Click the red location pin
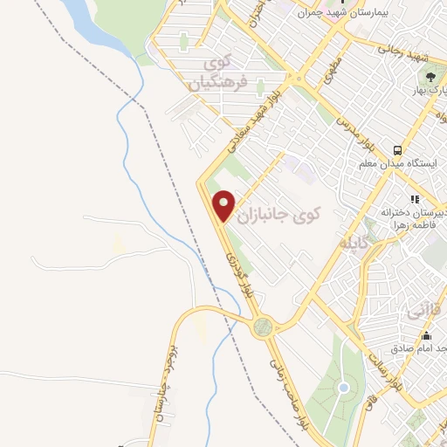pyautogui.click(x=224, y=205)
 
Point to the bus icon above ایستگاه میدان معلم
pyautogui.click(x=396, y=148)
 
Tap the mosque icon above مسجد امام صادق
pyautogui.click(x=426, y=335)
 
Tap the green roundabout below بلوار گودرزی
pyautogui.click(x=262, y=327)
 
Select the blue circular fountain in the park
pyautogui.click(x=344, y=387)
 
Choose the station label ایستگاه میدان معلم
pyautogui.click(x=403, y=163)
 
